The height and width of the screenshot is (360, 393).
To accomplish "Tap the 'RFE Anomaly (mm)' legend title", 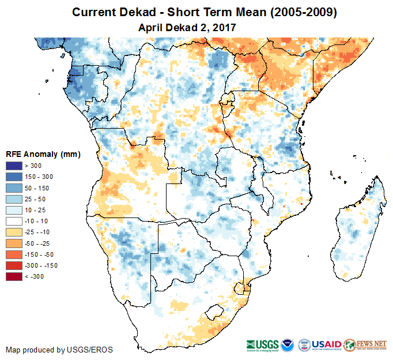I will tap(43, 155).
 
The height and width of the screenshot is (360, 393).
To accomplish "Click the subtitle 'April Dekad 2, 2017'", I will tap(187, 27).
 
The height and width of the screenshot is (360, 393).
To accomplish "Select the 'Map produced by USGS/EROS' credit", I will tap(59, 350).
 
